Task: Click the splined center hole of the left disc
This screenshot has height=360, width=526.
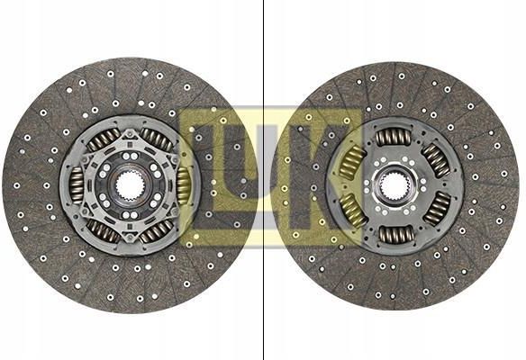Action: click(x=131, y=185)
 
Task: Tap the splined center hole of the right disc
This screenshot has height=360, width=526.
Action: click(x=394, y=185)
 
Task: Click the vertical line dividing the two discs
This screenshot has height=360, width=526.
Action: click(x=263, y=180)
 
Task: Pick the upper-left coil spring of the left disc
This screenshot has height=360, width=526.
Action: click(x=103, y=138)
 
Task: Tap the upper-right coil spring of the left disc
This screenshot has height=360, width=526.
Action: click(x=157, y=138)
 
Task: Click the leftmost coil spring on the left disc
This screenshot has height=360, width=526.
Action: click(x=77, y=185)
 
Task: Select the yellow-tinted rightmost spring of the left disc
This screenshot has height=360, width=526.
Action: click(x=183, y=185)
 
